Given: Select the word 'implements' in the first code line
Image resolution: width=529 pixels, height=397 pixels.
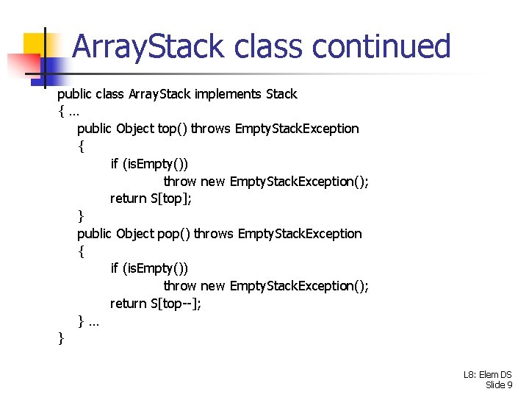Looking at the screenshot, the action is tap(227, 94).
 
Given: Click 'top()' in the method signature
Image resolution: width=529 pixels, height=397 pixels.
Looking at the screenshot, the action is tap(173, 129).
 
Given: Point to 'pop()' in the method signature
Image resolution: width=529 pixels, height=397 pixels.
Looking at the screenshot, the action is tap(174, 234).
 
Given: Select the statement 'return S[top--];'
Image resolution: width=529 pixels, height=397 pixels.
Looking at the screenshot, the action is tap(156, 304).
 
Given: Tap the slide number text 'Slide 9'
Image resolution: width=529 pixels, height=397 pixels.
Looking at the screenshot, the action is tap(499, 385).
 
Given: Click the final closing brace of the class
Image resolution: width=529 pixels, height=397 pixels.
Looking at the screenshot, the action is tap(61, 338).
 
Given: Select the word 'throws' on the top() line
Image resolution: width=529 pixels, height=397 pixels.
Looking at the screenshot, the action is tap(211, 129).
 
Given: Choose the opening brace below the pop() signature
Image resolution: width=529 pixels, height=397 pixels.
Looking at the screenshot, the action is tap(81, 251).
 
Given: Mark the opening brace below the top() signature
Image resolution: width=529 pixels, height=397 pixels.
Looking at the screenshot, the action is tap(81, 146).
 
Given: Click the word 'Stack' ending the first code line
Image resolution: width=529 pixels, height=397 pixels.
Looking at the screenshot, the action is tap(281, 94).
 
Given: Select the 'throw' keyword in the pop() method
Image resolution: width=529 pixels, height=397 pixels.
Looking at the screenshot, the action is tap(180, 286).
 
